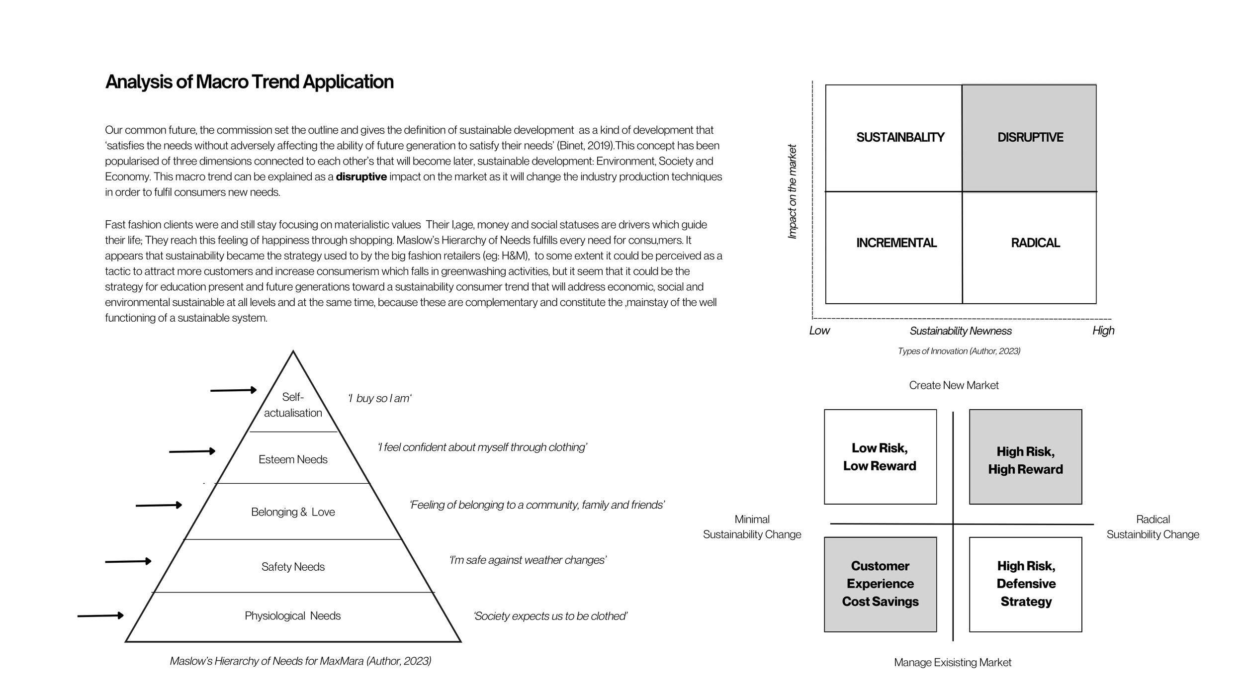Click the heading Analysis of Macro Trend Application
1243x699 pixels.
[249, 82]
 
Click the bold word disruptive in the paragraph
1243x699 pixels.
[361, 177]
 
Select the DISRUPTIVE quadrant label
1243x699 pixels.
[1030, 138]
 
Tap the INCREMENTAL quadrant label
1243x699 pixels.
[896, 243]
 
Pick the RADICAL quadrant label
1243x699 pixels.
[1035, 243]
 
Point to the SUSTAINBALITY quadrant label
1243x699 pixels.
[899, 138]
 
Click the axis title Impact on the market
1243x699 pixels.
[792, 191]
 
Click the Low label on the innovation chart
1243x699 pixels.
[819, 331]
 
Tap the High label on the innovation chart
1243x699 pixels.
[1103, 331]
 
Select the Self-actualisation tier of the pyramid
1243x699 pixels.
[293, 405]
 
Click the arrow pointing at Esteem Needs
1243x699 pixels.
[192, 451]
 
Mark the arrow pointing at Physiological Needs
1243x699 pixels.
[100, 616]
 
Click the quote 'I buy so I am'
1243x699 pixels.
[379, 399]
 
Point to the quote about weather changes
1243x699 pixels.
[528, 560]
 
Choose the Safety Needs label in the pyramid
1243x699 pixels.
[293, 567]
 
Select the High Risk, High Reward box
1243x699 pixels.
[1025, 460]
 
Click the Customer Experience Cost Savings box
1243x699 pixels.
[880, 584]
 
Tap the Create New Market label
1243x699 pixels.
[953, 385]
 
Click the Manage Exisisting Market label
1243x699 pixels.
[952, 663]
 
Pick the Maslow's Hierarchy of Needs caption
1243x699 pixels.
[300, 661]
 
